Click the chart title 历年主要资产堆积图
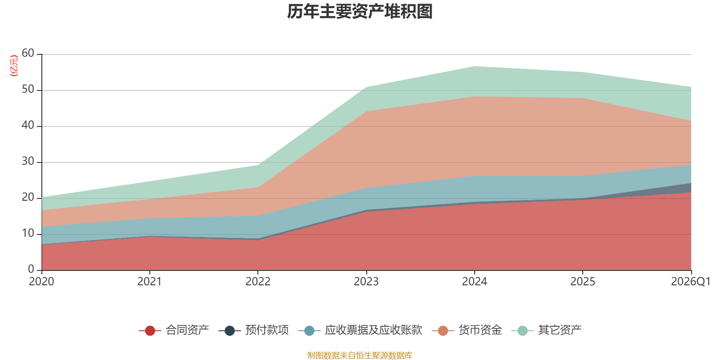[360, 12]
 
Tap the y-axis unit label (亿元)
[14, 66]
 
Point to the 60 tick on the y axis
[28, 53]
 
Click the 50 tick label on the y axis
[28, 89]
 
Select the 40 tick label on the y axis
[28, 125]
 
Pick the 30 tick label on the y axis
[28, 161]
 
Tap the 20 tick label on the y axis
[28, 197]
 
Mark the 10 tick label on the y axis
[28, 233]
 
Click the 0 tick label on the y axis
[31, 269]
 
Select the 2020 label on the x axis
[41, 282]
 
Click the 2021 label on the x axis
[149, 282]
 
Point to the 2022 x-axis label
[258, 282]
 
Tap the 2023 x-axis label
[366, 282]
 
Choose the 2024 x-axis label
[474, 282]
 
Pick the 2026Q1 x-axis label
[691, 282]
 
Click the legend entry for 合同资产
[174, 330]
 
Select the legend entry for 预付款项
[254, 330]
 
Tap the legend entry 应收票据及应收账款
[360, 330]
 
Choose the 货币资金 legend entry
[467, 330]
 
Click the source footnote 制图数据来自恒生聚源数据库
[360, 355]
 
